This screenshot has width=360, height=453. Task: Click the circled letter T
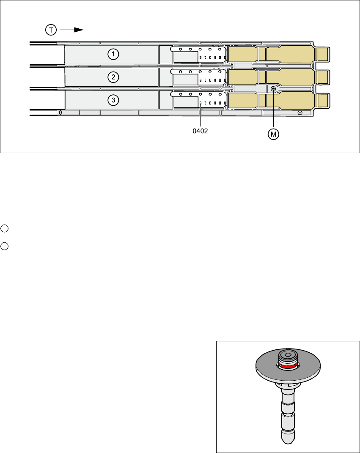pyautogui.click(x=50, y=30)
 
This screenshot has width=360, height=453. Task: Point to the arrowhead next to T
pyautogui.click(x=78, y=30)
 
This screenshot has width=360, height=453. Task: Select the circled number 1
pyautogui.click(x=113, y=54)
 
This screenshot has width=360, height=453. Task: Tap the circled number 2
pyautogui.click(x=113, y=77)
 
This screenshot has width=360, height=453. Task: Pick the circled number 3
pyautogui.click(x=113, y=100)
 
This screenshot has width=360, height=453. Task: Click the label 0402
pyautogui.click(x=200, y=132)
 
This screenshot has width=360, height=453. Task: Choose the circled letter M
pyautogui.click(x=274, y=134)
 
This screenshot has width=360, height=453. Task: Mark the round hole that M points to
pyautogui.click(x=274, y=89)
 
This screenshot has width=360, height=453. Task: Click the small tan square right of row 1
pyautogui.click(x=323, y=54)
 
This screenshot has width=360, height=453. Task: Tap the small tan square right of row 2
pyautogui.click(x=323, y=77)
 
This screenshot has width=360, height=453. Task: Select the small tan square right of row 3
pyautogui.click(x=323, y=100)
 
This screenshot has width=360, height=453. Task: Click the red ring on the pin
pyautogui.click(x=288, y=366)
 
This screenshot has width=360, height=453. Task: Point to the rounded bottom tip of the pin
pyautogui.click(x=288, y=440)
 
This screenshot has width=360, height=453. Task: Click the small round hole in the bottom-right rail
pyautogui.click(x=300, y=113)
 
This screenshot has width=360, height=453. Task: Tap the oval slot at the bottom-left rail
pyautogui.click(x=60, y=113)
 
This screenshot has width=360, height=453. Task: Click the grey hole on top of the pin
pyautogui.click(x=288, y=355)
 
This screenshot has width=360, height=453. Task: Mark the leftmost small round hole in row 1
pyautogui.click(x=181, y=49)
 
